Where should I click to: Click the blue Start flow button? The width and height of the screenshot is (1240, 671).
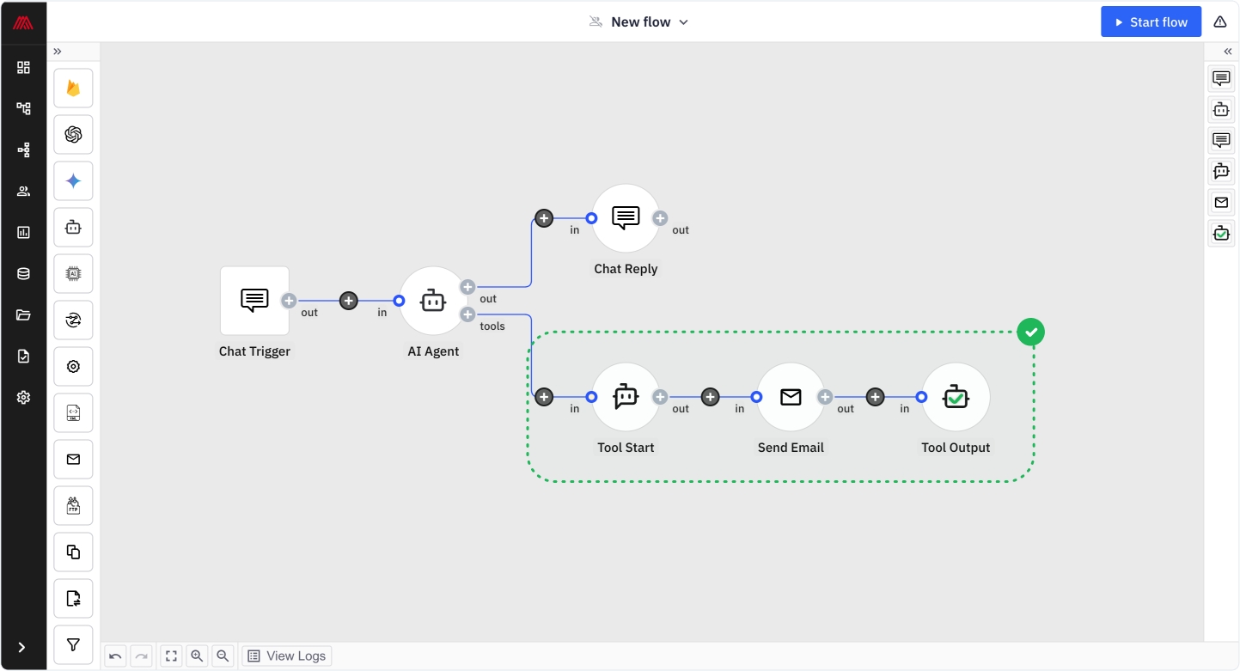(1151, 21)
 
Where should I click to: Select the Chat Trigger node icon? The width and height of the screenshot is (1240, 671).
(254, 301)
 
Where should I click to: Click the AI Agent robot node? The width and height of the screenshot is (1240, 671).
(433, 301)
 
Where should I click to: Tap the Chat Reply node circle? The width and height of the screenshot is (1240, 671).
(626, 218)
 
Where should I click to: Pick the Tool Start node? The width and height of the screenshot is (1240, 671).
(626, 397)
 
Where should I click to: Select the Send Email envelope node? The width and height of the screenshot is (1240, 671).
(791, 397)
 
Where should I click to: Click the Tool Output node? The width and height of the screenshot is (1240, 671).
(956, 397)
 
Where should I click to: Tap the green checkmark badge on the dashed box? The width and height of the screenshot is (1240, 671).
(1030, 332)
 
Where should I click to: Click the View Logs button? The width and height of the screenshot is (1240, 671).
(287, 656)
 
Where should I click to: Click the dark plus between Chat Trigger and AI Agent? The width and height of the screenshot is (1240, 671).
(349, 301)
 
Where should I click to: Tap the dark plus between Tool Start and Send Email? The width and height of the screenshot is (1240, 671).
(711, 397)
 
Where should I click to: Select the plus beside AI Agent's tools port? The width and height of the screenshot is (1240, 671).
(467, 314)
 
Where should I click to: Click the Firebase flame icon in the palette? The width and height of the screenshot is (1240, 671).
(73, 88)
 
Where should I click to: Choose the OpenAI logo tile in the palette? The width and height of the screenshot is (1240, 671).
(73, 135)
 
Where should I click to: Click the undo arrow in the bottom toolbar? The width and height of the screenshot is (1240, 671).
(115, 656)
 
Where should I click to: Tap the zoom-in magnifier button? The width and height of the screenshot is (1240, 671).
(197, 656)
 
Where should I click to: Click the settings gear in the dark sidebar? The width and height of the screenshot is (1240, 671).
(23, 398)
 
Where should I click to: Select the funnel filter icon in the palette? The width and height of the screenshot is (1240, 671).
(73, 645)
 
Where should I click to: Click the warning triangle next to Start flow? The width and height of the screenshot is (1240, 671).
(1220, 21)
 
